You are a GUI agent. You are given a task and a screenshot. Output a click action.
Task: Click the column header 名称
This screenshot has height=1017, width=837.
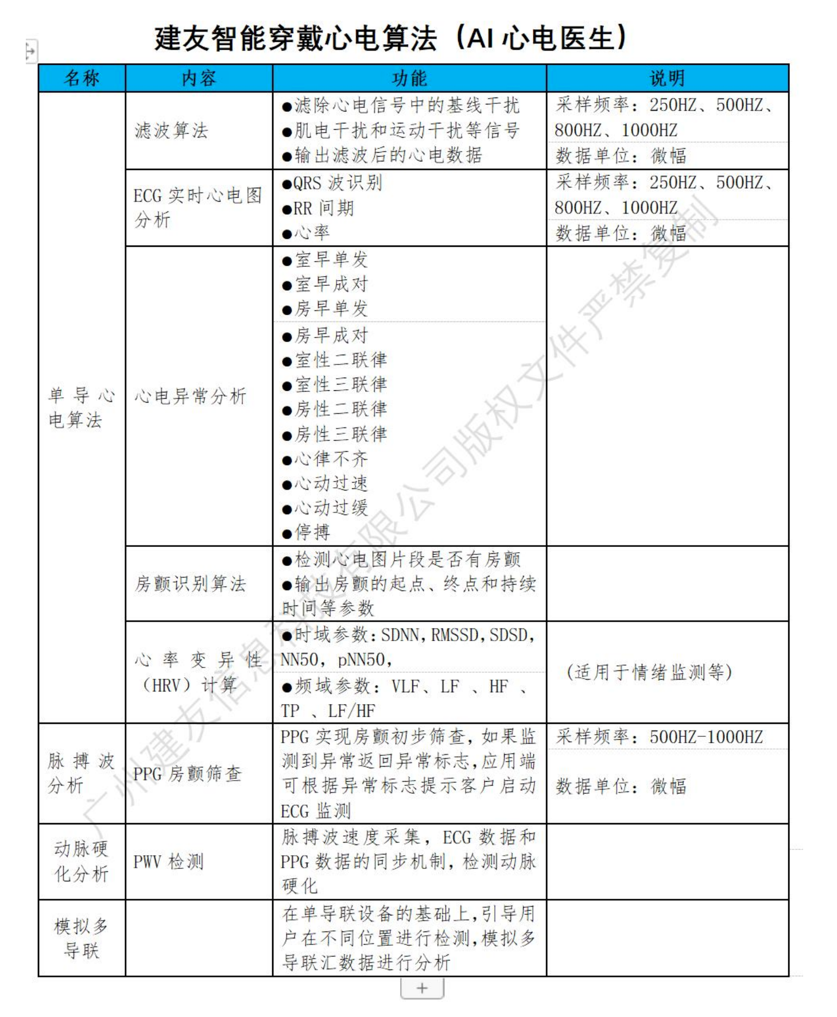click(82, 78)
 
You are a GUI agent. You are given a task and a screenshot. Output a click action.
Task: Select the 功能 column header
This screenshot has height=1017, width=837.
click(409, 78)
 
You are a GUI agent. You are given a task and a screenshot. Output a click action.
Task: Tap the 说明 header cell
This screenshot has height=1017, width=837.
click(666, 78)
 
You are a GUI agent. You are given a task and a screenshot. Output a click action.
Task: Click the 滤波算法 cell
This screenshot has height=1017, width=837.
click(171, 131)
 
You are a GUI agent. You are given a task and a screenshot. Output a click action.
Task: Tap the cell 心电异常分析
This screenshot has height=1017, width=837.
click(190, 396)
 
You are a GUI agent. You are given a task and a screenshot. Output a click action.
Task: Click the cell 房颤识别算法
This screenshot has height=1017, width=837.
click(190, 584)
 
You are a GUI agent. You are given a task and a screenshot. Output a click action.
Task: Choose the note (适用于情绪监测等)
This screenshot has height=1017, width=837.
click(649, 671)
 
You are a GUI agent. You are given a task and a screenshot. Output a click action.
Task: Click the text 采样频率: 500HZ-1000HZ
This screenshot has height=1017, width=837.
click(659, 737)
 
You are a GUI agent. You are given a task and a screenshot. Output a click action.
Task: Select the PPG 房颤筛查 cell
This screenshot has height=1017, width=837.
click(187, 774)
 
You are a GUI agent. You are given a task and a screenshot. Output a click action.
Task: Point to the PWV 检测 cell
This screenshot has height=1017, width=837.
click(168, 861)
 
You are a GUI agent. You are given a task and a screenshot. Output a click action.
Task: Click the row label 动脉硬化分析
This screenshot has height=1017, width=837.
click(82, 861)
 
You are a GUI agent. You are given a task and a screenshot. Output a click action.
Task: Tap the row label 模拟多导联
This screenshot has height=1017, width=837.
click(82, 938)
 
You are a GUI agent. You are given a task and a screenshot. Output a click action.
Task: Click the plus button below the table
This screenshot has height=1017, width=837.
click(422, 988)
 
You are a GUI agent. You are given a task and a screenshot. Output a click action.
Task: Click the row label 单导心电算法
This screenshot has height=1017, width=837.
click(82, 407)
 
